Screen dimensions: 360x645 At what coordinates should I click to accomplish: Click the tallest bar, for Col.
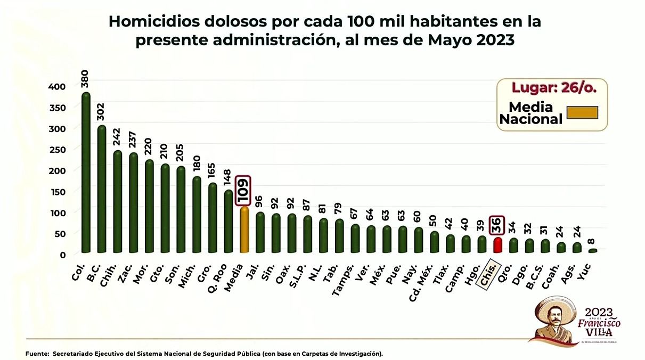tap(86, 173)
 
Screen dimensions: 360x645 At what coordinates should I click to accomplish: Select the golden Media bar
tap(244, 230)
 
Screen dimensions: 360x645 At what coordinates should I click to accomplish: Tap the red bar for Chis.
tap(497, 245)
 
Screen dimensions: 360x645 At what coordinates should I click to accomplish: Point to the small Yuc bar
tap(593, 250)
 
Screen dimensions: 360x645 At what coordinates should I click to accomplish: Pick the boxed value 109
tap(244, 191)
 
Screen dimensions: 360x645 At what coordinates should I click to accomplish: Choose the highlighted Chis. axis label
tap(488, 274)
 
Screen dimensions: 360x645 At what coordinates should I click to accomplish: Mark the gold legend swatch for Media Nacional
tap(582, 113)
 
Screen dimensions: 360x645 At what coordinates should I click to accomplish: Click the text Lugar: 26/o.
tap(552, 88)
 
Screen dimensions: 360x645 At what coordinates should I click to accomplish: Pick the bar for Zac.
tap(133, 202)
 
